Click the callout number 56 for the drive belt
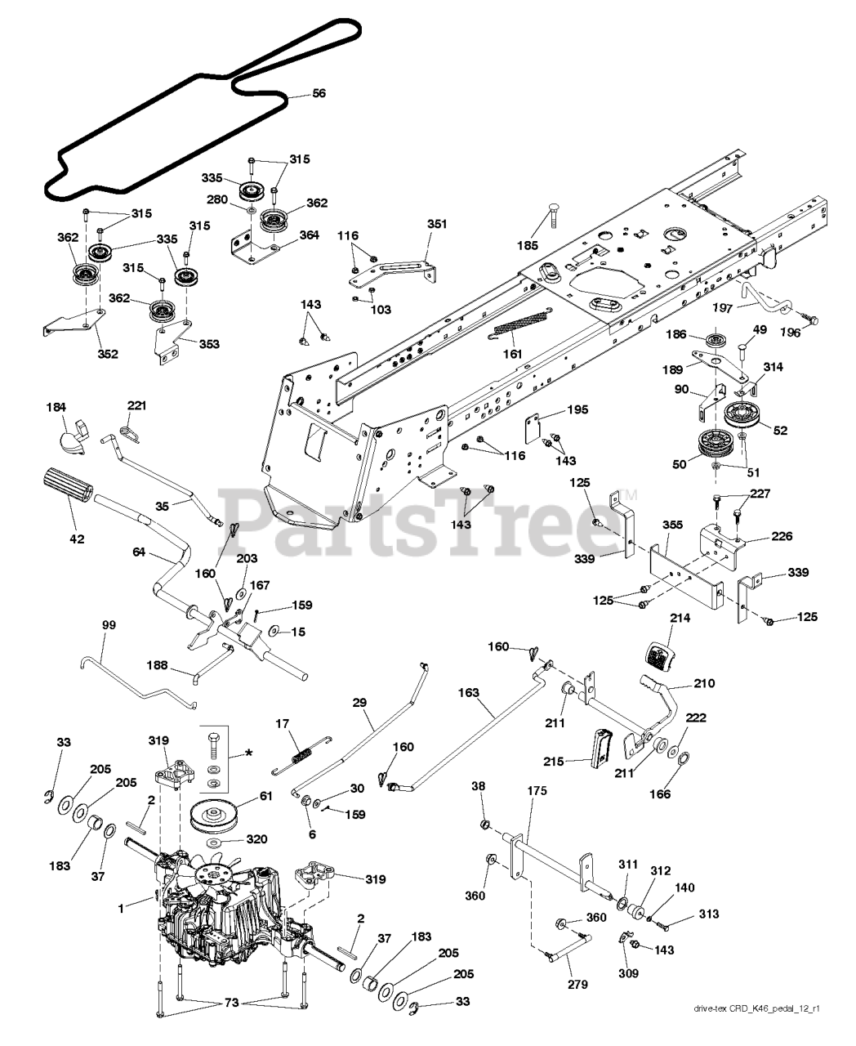click(x=319, y=94)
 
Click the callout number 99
click(x=109, y=625)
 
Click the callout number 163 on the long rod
click(x=468, y=692)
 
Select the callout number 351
click(x=438, y=225)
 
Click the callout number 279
click(x=577, y=984)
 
